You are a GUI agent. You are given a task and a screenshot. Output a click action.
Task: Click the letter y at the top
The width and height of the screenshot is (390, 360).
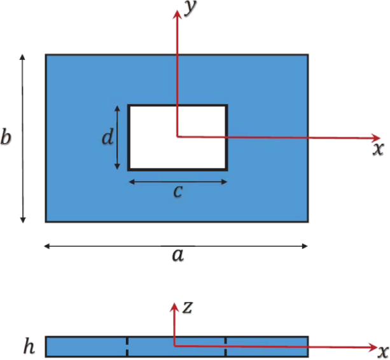pyautogui.click(x=190, y=9)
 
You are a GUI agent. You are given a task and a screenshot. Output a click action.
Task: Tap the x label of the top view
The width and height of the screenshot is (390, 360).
pyautogui.click(x=378, y=149)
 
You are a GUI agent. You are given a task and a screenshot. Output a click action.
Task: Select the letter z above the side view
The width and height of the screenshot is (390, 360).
pyautogui.click(x=188, y=308)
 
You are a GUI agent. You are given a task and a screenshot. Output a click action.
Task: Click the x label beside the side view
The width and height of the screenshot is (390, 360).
pyautogui.click(x=383, y=352)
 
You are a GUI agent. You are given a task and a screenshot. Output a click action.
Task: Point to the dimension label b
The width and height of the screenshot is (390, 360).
pyautogui.click(x=6, y=137)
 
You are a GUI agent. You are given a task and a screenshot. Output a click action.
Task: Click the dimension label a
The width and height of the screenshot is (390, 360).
pyautogui.click(x=178, y=255)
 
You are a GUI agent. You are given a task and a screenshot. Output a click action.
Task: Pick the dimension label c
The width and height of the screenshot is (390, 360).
pyautogui.click(x=178, y=192)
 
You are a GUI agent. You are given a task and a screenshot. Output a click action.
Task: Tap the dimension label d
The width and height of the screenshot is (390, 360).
pyautogui.click(x=108, y=137)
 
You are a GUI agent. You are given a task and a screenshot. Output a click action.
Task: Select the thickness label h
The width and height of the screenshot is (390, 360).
pyautogui.click(x=29, y=347)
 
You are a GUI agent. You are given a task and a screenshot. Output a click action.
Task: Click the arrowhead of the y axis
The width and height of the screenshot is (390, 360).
pyautogui.click(x=177, y=13)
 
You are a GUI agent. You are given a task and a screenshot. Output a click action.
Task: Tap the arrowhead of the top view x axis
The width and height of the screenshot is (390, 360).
pyautogui.click(x=376, y=138)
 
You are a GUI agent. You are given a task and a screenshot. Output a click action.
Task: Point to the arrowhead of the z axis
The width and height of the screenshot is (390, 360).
pyautogui.click(x=174, y=307)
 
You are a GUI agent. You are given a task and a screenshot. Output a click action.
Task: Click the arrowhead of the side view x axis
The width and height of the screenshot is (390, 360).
pyautogui.click(x=373, y=347)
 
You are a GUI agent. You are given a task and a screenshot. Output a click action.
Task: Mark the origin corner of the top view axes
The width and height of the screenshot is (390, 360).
pyautogui.click(x=177, y=136)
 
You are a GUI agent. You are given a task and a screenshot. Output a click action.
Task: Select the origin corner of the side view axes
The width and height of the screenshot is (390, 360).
pyautogui.click(x=174, y=345)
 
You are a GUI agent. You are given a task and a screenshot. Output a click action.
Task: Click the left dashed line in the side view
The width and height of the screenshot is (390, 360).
pyautogui.click(x=127, y=347)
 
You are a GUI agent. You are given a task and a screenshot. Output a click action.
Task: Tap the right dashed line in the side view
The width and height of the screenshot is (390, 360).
pyautogui.click(x=226, y=347)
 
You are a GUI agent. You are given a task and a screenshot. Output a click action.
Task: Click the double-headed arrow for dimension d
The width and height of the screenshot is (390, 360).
pyautogui.click(x=118, y=137)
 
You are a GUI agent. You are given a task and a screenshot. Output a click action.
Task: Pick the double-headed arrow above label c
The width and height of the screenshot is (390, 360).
pyautogui.click(x=178, y=182)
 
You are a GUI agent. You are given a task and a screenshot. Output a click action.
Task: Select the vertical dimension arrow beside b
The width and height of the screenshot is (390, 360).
pyautogui.click(x=23, y=139)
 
